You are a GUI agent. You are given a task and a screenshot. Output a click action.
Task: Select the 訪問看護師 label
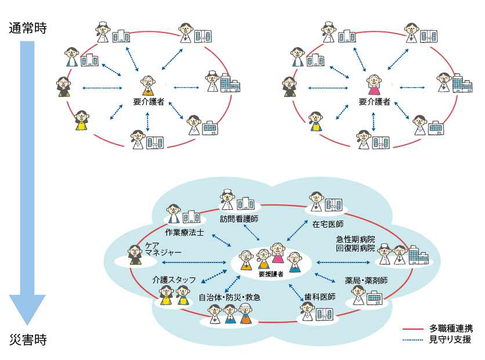(x=239, y=219)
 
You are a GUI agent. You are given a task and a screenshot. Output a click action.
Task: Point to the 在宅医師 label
(x=328, y=224)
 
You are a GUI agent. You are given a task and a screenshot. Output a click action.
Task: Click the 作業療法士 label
(x=184, y=232)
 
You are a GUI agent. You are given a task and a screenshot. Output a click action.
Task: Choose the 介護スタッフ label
(x=175, y=279)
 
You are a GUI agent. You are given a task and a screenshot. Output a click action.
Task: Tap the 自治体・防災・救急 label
(x=229, y=297)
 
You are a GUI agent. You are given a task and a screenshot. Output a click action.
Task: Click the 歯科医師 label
(x=320, y=297)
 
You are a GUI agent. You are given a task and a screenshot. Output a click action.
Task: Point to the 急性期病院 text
(x=356, y=238)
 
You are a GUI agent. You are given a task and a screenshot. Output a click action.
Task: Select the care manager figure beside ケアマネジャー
(x=135, y=254)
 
